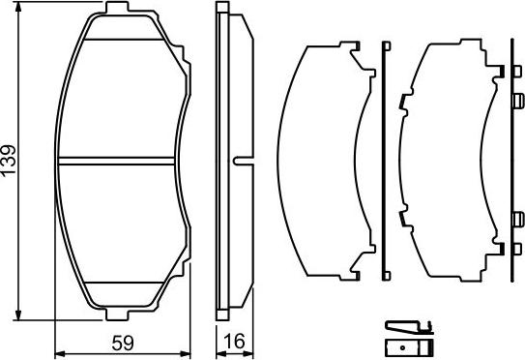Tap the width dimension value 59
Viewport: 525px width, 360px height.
[121, 342]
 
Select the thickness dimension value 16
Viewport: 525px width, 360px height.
[234, 342]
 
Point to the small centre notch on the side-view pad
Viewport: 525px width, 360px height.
[239, 161]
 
